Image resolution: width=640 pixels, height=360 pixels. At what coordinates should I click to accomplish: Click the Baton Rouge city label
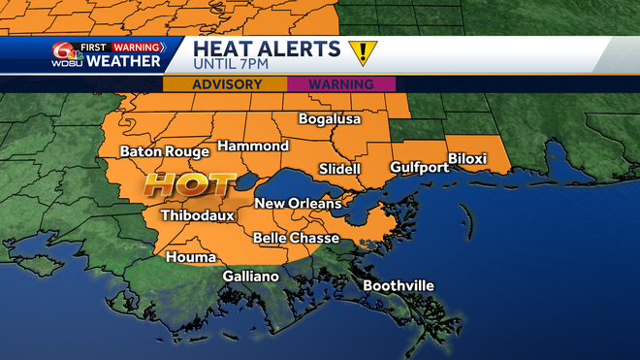point(164,152)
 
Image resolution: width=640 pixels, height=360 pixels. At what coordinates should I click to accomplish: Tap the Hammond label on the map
point(252,146)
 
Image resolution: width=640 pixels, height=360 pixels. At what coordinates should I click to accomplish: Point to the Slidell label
point(339,169)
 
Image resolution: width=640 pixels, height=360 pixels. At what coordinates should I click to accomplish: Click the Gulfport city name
point(419,167)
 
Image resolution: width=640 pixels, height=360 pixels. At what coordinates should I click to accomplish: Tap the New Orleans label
point(298,204)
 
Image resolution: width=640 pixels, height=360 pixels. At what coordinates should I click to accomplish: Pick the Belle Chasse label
point(296,238)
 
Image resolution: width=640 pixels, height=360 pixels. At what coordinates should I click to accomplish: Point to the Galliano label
point(250,277)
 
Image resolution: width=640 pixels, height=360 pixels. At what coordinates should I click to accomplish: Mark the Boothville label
point(399,285)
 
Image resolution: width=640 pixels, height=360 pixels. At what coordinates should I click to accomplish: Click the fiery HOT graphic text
point(189,183)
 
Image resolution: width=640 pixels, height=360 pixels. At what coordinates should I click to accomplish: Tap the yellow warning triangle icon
point(361,53)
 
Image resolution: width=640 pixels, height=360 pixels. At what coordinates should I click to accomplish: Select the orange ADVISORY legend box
point(225,83)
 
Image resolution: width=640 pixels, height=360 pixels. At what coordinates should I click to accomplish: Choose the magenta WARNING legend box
point(340,83)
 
